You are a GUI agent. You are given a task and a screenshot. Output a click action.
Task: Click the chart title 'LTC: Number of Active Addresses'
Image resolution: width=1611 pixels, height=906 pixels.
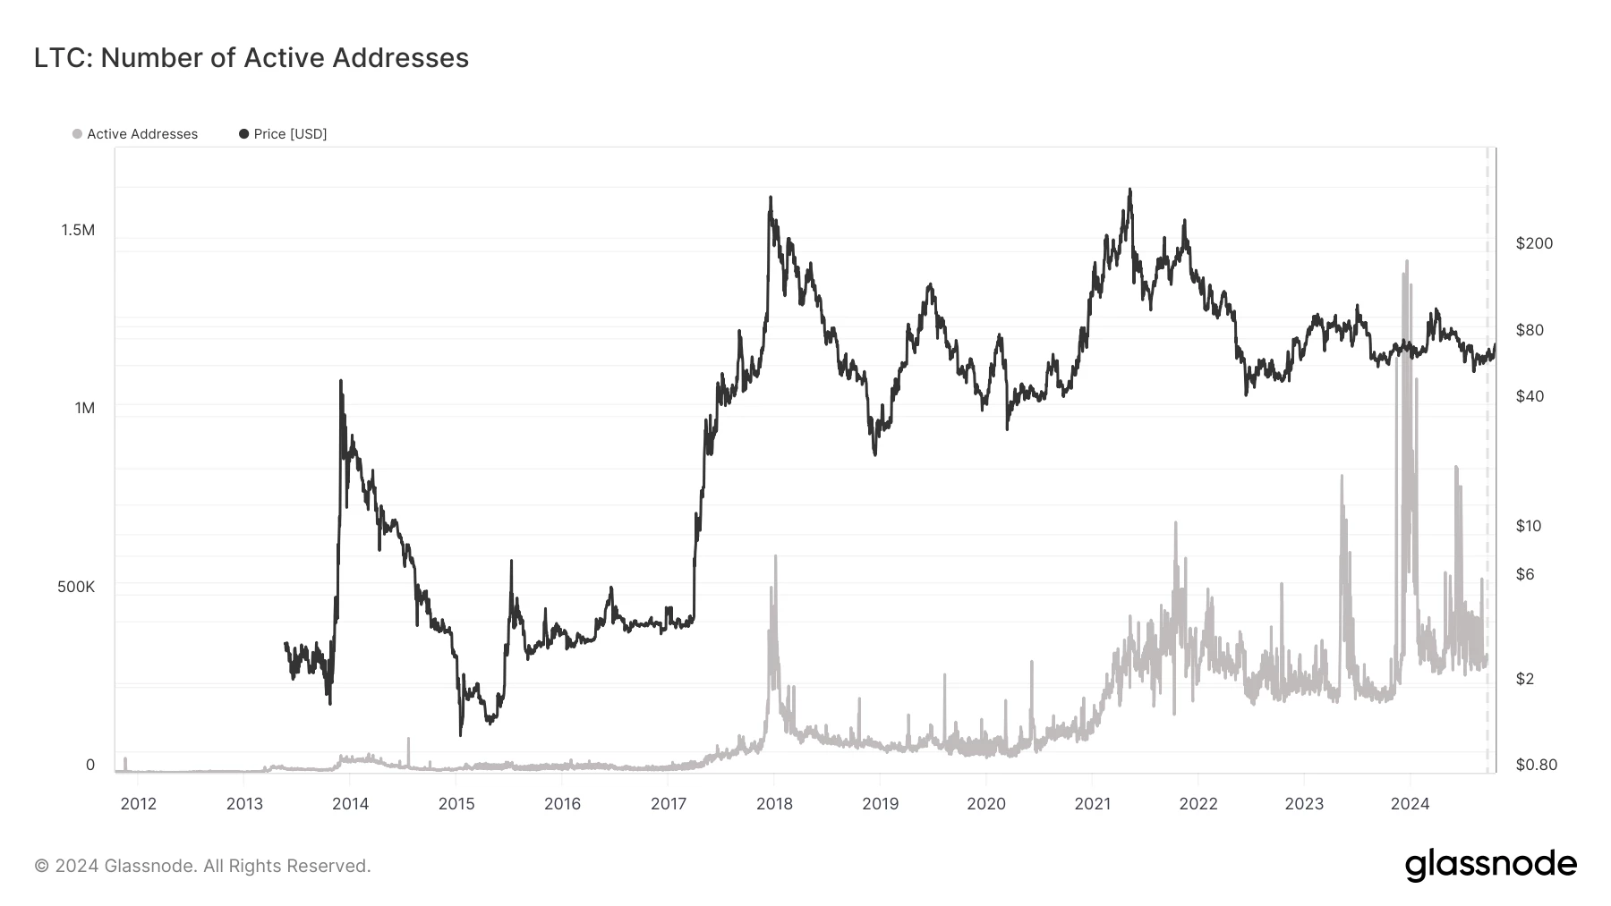tap(251, 58)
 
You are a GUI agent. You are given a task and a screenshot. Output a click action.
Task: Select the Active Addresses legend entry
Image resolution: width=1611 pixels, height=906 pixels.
tap(135, 134)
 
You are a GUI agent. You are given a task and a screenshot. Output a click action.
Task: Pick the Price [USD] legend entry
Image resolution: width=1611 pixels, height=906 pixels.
tap(283, 134)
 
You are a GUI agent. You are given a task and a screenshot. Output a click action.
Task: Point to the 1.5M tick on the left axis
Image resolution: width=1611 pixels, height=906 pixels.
tap(78, 231)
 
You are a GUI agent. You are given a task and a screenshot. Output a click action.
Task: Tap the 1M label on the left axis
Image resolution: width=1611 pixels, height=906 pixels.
tap(85, 409)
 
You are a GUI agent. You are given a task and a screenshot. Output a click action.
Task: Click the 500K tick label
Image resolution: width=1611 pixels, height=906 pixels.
tap(76, 588)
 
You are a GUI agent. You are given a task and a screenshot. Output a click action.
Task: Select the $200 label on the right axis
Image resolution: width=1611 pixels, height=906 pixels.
tap(1534, 243)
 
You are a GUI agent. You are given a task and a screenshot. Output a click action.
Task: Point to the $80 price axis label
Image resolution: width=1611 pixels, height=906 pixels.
tap(1530, 330)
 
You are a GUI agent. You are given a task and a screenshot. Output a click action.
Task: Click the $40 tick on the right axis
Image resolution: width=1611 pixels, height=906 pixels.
tap(1530, 396)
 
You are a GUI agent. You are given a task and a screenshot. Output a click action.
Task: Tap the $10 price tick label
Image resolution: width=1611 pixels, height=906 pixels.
tap(1529, 526)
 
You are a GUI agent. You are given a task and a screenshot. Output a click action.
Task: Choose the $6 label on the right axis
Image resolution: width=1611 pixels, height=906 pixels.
tap(1525, 574)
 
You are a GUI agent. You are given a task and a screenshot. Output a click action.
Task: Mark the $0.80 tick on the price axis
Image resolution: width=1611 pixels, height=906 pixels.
tap(1536, 765)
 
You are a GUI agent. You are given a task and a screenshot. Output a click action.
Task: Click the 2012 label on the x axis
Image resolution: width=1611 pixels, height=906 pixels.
tap(138, 804)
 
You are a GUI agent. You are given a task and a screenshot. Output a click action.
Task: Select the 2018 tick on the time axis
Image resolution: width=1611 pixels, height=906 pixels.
tap(774, 804)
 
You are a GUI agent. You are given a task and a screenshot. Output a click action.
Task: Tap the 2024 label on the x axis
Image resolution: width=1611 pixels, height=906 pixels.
tap(1410, 804)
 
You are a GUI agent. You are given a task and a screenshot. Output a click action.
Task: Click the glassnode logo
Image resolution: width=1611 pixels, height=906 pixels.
tap(1490, 865)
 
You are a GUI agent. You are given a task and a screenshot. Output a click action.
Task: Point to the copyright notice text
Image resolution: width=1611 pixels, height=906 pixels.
tap(202, 866)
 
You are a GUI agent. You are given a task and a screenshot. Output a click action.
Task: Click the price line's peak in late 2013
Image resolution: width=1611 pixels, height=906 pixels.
tap(341, 381)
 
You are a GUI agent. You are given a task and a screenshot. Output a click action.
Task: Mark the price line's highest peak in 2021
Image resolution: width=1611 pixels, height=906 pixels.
tap(1129, 190)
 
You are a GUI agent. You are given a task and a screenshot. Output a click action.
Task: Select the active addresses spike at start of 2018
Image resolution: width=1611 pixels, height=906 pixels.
tap(775, 556)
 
